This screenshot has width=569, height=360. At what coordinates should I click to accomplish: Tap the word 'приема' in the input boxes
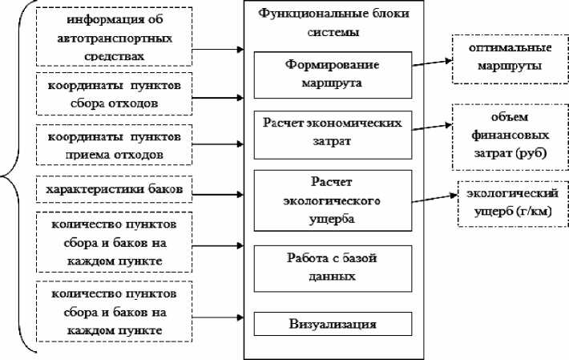(x=88, y=155)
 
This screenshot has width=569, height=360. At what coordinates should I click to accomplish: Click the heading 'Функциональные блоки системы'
(x=333, y=22)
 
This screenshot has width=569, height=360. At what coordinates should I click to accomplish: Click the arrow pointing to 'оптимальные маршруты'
(x=432, y=63)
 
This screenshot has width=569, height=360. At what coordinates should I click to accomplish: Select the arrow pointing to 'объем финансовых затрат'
(x=432, y=127)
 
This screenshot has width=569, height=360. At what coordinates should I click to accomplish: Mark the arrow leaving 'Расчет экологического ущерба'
(x=434, y=198)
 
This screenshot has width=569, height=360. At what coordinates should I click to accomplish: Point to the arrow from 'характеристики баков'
(x=218, y=195)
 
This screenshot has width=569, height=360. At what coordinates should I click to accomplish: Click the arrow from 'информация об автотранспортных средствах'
(x=218, y=50)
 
